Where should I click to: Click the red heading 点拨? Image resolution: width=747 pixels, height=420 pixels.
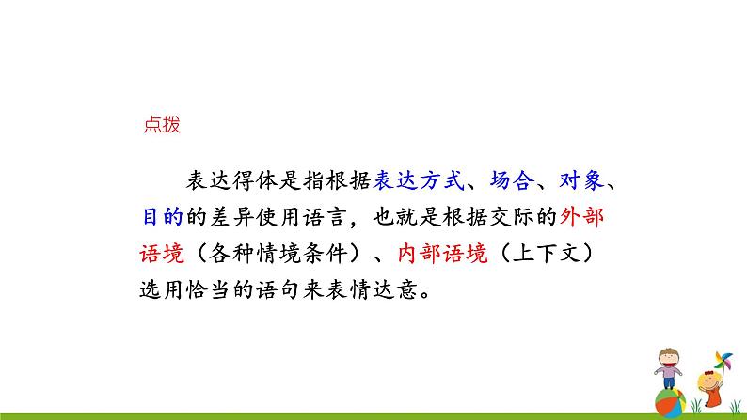pyautogui.click(x=160, y=123)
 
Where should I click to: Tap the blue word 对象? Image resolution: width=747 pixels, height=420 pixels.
pyautogui.click(x=579, y=181)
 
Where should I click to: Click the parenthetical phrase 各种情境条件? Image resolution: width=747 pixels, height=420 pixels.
pyautogui.click(x=281, y=251)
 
